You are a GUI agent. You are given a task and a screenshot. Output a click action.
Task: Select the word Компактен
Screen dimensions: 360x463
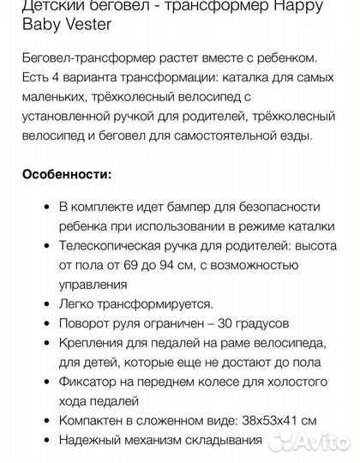pos(94,420)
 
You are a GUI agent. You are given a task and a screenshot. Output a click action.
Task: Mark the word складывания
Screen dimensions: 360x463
pos(220,440)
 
